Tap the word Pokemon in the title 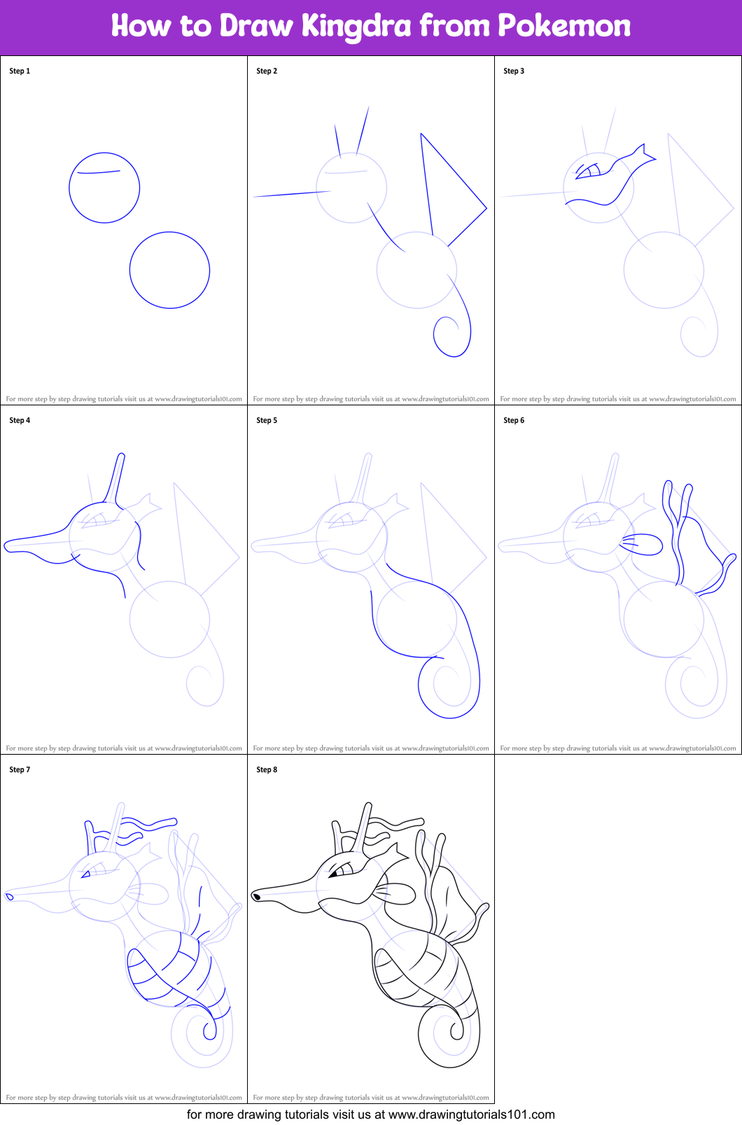(x=563, y=25)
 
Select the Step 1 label (x=20, y=71)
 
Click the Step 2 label (x=267, y=71)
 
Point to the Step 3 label (x=514, y=71)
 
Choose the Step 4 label (x=20, y=420)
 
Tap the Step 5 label (x=267, y=420)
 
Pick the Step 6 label (x=514, y=420)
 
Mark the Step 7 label (x=20, y=769)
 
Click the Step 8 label (x=267, y=769)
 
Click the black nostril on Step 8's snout (x=256, y=897)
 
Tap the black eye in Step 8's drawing (x=333, y=874)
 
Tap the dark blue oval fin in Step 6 (x=661, y=545)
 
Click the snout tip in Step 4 (x=5, y=546)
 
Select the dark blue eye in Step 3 (x=588, y=172)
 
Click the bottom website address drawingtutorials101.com (x=471, y=1115)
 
